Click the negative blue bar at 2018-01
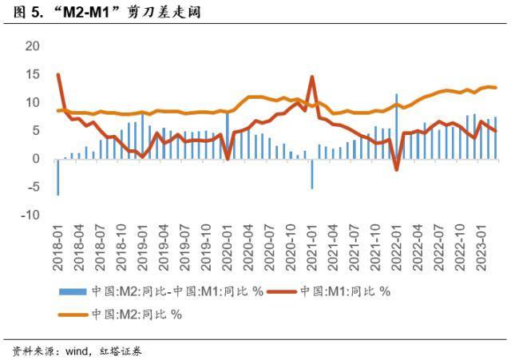[57, 176]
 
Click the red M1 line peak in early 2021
[311, 77]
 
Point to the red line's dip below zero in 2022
[396, 169]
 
